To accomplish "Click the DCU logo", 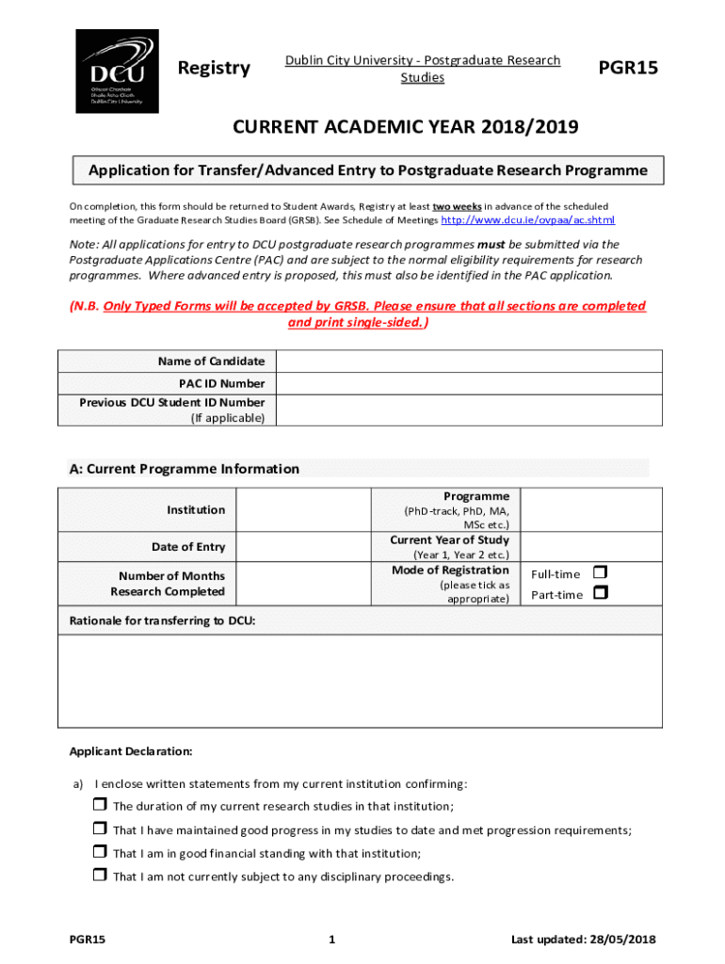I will pyautogui.click(x=117, y=71).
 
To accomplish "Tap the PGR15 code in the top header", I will pyautogui.click(x=628, y=68).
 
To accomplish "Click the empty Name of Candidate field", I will pyautogui.click(x=468, y=361).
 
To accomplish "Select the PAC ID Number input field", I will pyautogui.click(x=468, y=383).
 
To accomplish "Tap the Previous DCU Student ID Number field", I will pyautogui.click(x=468, y=410).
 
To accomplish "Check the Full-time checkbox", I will pyautogui.click(x=601, y=572).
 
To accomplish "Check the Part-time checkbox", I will pyautogui.click(x=601, y=593).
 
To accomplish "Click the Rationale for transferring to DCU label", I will pyautogui.click(x=163, y=620).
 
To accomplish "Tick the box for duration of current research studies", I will pyautogui.click(x=100, y=805).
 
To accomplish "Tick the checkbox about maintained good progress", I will pyautogui.click(x=100, y=828).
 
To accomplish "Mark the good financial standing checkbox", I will pyautogui.click(x=100, y=852).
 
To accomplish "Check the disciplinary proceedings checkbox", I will pyautogui.click(x=100, y=876).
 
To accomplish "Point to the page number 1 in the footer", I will pyautogui.click(x=333, y=940).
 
